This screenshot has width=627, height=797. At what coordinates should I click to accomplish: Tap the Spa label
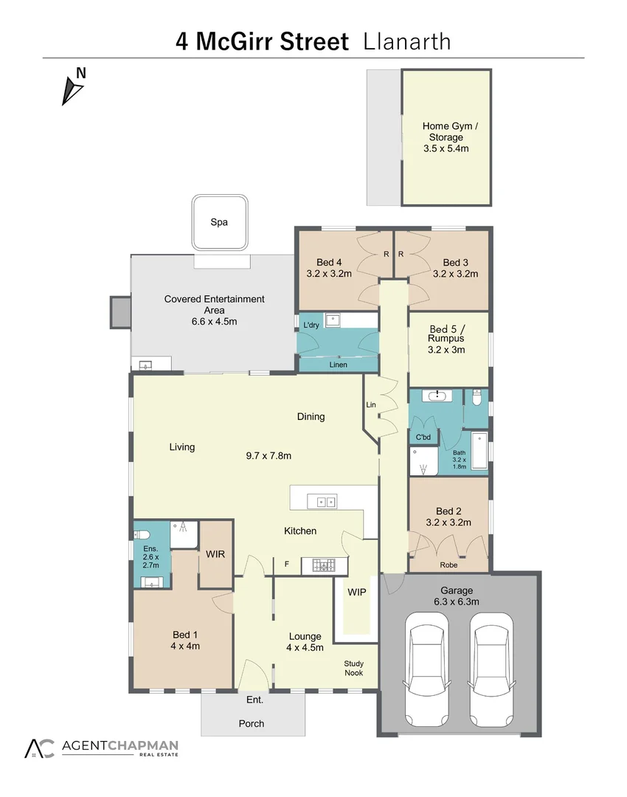(219, 222)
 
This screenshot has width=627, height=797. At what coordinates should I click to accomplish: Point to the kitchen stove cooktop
(322, 565)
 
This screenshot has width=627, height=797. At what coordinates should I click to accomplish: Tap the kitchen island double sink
(325, 502)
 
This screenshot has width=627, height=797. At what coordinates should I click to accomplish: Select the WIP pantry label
(357, 592)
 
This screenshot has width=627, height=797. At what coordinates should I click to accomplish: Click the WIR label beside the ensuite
(215, 553)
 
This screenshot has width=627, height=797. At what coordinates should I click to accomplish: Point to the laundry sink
(333, 321)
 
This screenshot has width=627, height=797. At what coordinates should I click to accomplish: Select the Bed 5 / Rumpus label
(448, 339)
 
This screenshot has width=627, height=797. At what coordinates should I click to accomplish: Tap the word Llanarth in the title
(407, 41)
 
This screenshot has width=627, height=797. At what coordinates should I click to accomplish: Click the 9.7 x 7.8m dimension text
(269, 456)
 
